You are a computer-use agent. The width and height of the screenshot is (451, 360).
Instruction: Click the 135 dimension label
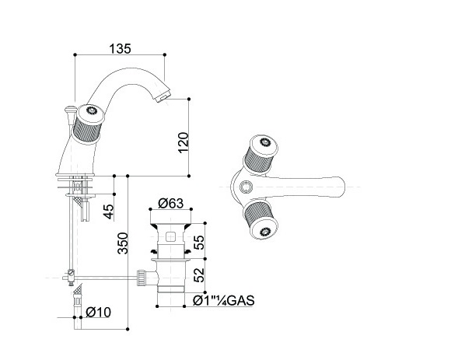[x=120, y=48]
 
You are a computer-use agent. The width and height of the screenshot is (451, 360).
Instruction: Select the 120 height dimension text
[x=184, y=142]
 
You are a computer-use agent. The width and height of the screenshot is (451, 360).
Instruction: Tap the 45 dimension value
[x=108, y=211]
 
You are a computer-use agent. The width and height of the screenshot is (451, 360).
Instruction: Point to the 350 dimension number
[x=123, y=243]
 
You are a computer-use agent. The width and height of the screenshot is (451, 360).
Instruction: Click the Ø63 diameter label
[x=170, y=203]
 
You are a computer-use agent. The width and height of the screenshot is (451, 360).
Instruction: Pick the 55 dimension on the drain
[x=199, y=242]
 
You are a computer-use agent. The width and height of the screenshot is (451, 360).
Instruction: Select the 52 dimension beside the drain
[x=199, y=275]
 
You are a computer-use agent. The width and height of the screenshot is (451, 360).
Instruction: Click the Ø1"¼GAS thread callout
[x=224, y=301]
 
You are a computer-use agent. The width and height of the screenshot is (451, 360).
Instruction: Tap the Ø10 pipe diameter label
[x=99, y=313]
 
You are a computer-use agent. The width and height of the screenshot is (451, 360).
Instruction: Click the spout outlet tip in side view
[x=163, y=96]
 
